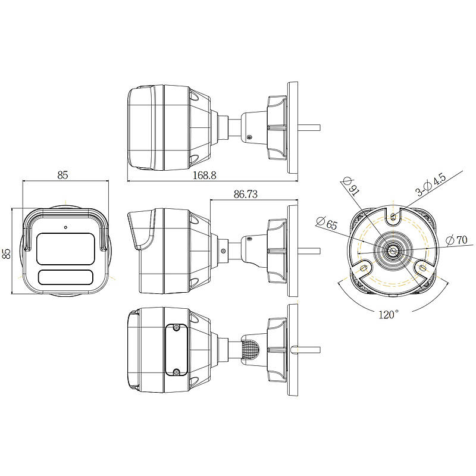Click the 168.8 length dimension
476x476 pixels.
pyautogui.click(x=205, y=175)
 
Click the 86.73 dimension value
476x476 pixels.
pyautogui.click(x=245, y=194)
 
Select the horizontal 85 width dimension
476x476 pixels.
pyautogui.click(x=62, y=175)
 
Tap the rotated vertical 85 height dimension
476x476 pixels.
pyautogui.click(x=7, y=253)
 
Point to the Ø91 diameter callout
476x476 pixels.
pyautogui.click(x=351, y=186)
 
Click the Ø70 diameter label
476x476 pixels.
pyautogui.click(x=456, y=240)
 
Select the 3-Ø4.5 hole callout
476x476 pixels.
pyautogui.click(x=430, y=184)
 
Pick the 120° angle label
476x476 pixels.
pyautogui.click(x=389, y=315)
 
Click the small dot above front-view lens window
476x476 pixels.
pyautogui.click(x=65, y=227)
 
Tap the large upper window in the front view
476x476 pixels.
pyautogui.click(x=65, y=249)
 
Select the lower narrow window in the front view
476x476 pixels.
pyautogui.click(x=65, y=277)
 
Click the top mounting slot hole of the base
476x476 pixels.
pyautogui.click(x=393, y=217)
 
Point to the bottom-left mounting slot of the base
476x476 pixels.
pyautogui.click(x=364, y=268)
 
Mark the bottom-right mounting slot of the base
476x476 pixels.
pyautogui.click(x=422, y=268)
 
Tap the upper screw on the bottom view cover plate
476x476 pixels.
pyautogui.click(x=176, y=328)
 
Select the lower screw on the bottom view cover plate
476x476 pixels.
pyautogui.click(x=176, y=371)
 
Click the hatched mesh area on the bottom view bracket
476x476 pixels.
pyautogui.click(x=250, y=350)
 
